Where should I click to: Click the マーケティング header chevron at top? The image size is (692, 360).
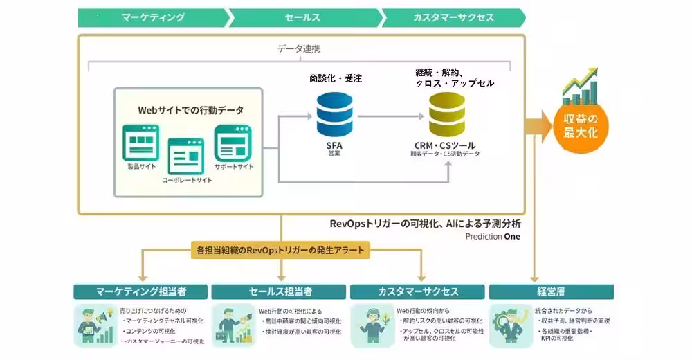tap(152, 17)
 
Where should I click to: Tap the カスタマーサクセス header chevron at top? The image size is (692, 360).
tap(453, 17)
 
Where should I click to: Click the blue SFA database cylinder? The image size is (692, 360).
tap(334, 114)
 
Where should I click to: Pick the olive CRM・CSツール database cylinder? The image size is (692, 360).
tap(446, 114)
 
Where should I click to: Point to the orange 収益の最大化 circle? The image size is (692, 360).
tap(579, 123)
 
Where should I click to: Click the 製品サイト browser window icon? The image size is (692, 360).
tap(140, 143)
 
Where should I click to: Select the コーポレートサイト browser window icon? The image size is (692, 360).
tap(186, 156)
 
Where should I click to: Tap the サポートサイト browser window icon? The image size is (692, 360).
tap(233, 143)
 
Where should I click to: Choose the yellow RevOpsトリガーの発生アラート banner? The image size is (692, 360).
tap(280, 249)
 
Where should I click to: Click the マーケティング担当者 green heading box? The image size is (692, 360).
tap(140, 291)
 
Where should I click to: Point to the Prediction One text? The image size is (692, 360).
tap(493, 236)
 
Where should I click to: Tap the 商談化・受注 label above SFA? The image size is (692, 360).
tap(335, 78)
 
